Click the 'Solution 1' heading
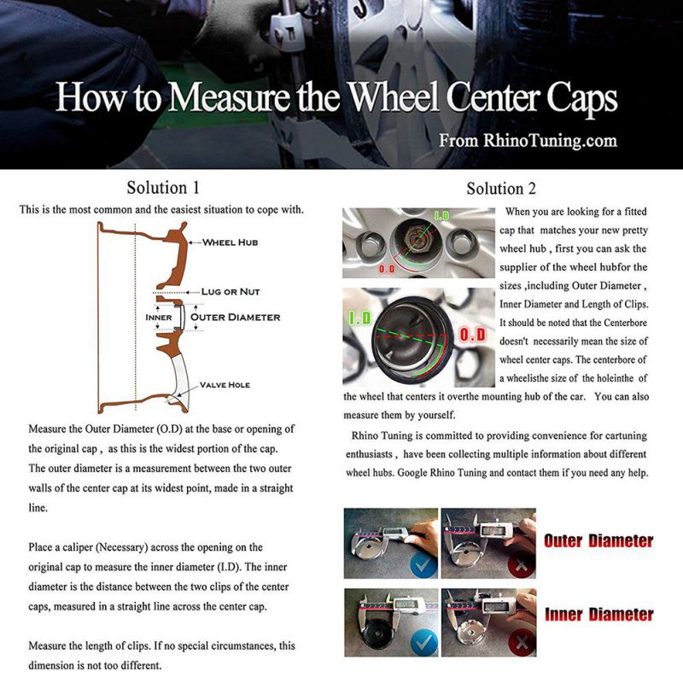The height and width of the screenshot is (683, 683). pyautogui.click(x=163, y=188)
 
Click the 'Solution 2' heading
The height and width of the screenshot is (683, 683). pyautogui.click(x=501, y=189)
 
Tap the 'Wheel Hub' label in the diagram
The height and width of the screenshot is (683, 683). pyautogui.click(x=230, y=242)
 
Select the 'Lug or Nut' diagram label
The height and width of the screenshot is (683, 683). pyautogui.click(x=231, y=292)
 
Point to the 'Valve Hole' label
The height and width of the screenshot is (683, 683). pyautogui.click(x=226, y=385)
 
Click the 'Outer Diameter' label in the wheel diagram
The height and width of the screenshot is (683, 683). pyautogui.click(x=235, y=317)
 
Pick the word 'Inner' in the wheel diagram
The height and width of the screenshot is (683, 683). pyautogui.click(x=159, y=318)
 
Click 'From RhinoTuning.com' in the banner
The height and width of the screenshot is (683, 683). pyautogui.click(x=528, y=140)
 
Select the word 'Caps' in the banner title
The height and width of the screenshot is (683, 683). pyautogui.click(x=580, y=100)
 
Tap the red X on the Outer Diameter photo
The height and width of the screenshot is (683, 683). pyautogui.click(x=518, y=563)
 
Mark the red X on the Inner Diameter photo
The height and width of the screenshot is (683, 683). pyautogui.click(x=518, y=640)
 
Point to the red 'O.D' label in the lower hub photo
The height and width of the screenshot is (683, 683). pyautogui.click(x=472, y=336)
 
